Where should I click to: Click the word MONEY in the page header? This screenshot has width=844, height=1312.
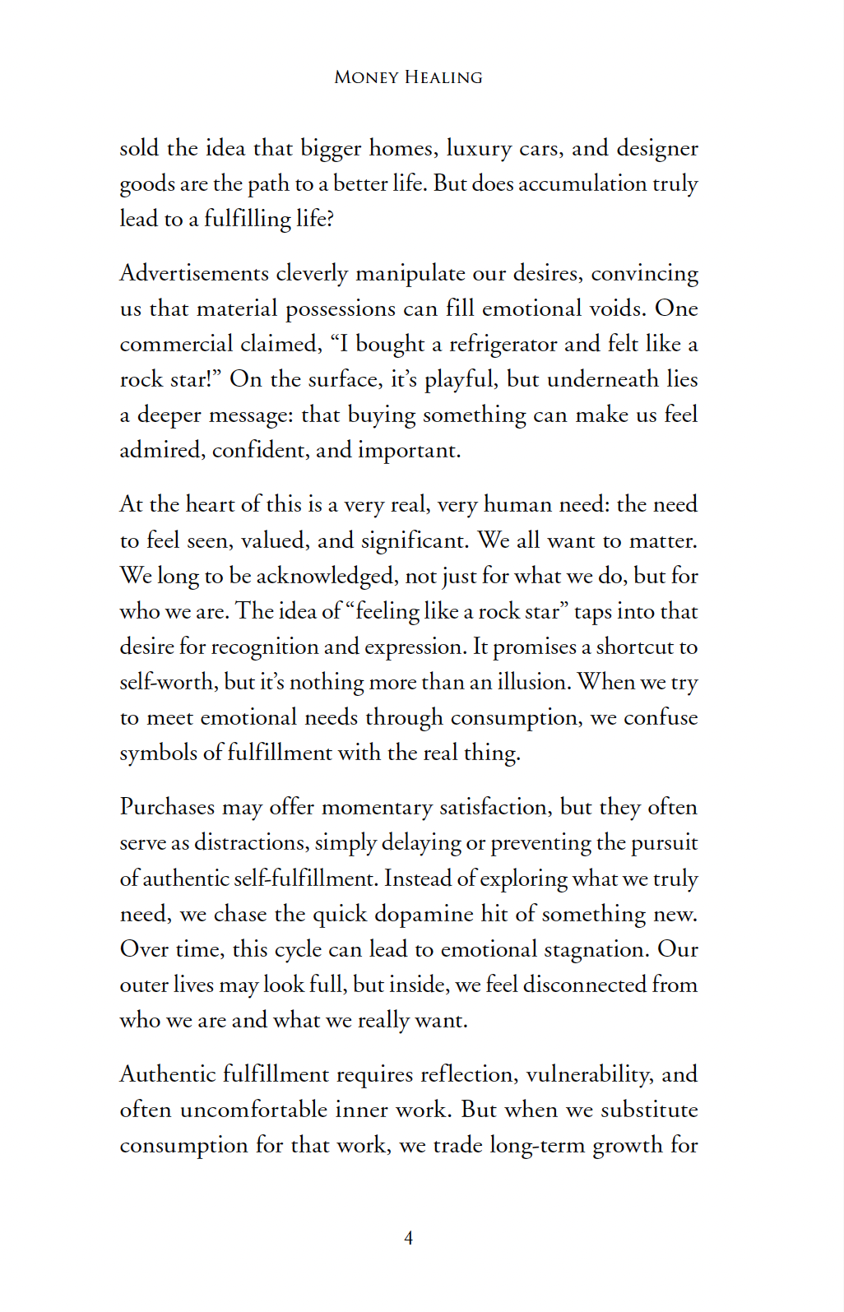[x=366, y=77]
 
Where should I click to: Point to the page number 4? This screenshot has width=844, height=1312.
[x=409, y=1238]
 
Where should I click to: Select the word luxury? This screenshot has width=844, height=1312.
[x=479, y=149]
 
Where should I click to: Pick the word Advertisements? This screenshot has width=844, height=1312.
[x=194, y=273]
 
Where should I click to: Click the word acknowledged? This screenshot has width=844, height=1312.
[x=325, y=576]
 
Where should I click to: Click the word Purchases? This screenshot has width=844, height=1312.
[x=167, y=807]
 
